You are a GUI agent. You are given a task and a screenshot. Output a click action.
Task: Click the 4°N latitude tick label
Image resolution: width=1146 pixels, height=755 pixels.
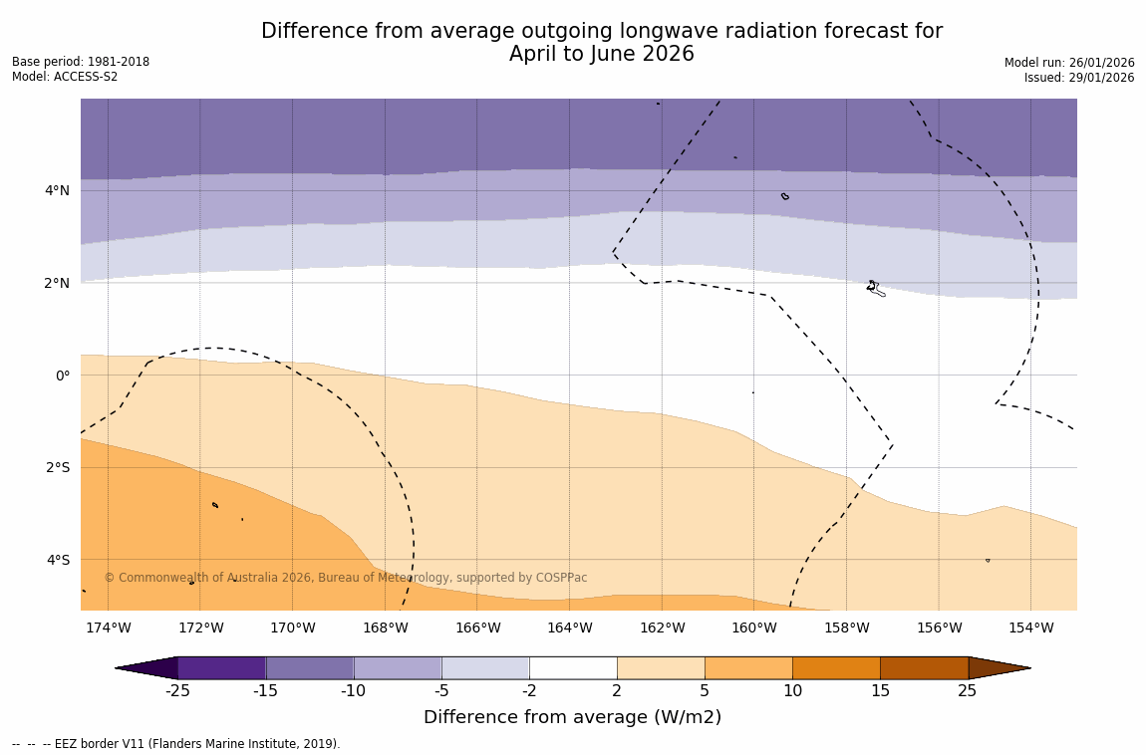(57, 190)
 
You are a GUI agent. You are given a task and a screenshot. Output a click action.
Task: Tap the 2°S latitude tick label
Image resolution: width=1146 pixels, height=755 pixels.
(57, 467)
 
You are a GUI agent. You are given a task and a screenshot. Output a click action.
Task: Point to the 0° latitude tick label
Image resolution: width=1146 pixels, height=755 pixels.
(62, 376)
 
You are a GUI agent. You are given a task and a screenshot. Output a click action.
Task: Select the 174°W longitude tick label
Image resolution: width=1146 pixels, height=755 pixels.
(108, 628)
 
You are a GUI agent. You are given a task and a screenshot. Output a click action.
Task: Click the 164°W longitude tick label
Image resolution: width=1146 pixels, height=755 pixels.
(569, 628)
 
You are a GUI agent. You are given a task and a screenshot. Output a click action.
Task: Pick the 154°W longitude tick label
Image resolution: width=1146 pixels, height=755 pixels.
(1030, 628)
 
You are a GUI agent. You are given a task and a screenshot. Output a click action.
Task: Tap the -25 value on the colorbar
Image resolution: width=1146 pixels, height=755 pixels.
(177, 691)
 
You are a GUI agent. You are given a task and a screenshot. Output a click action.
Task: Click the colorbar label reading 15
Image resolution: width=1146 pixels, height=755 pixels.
(880, 691)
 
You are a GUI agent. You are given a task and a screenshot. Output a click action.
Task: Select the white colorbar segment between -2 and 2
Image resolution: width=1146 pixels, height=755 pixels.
(573, 667)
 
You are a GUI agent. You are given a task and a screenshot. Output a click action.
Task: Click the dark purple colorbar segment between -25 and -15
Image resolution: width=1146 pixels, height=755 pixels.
(221, 667)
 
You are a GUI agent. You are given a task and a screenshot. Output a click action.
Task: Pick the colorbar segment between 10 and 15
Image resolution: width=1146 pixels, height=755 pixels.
(836, 667)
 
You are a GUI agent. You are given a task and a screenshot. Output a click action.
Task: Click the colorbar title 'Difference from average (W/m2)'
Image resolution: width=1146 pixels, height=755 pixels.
(572, 717)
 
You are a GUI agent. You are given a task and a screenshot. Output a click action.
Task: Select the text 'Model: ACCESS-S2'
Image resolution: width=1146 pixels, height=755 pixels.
(65, 77)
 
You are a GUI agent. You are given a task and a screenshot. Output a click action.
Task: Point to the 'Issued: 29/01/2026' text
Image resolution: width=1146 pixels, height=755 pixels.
(1079, 78)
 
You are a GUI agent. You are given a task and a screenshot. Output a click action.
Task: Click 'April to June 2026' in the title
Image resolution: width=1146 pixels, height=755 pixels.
(601, 54)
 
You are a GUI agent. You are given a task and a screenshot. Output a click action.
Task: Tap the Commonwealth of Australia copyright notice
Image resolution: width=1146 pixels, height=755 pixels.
(346, 578)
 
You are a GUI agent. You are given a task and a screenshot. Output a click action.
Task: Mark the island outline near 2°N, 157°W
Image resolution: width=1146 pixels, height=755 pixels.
(874, 288)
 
